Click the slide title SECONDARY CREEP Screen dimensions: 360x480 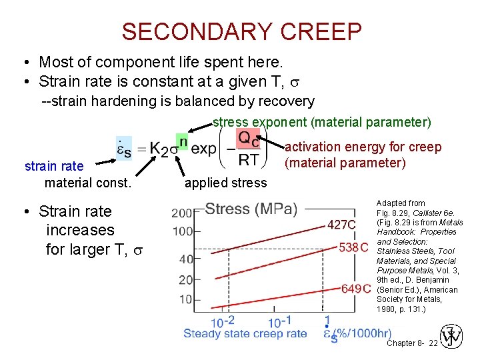[x=242, y=31]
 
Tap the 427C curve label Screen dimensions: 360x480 [x=341, y=224]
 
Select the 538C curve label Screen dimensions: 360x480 [x=354, y=247]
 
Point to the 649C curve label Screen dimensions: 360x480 [x=356, y=288]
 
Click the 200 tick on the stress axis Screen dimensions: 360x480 [x=182, y=213]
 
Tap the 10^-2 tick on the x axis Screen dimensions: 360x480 [x=223, y=322]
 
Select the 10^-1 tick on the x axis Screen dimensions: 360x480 [x=280, y=322]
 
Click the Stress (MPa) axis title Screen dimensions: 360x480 [x=251, y=209]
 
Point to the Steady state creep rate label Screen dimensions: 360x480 [x=245, y=333]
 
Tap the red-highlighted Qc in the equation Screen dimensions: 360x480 [x=249, y=139]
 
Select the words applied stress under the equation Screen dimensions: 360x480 [x=225, y=183]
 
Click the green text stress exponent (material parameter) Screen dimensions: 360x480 [x=322, y=123]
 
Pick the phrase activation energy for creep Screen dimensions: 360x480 [x=363, y=147]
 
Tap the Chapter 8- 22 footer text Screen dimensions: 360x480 [x=412, y=343]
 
